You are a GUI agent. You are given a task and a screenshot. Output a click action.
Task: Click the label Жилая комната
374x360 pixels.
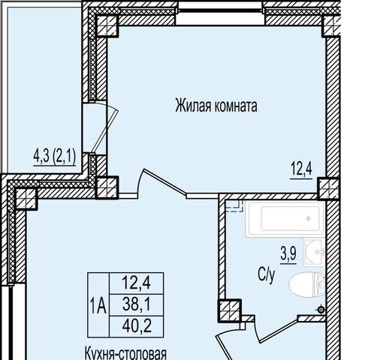216,106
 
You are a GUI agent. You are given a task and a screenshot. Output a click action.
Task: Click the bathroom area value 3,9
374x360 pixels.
288,253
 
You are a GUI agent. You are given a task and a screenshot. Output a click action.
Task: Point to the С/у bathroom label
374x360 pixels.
266,276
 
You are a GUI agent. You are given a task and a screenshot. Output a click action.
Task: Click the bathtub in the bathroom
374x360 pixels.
285,219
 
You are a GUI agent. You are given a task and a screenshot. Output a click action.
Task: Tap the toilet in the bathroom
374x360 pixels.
307,284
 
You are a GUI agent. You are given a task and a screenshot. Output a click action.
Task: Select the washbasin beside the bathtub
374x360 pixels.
314,252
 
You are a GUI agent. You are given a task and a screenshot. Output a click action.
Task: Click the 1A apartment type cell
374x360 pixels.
98,304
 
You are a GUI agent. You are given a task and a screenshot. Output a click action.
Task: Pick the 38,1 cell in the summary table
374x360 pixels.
137,305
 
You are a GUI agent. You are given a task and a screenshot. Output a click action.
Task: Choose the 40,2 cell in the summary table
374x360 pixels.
137,326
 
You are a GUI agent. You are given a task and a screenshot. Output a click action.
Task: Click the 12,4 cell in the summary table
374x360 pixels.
137,283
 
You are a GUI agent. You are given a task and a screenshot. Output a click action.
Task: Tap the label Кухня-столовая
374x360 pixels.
125,353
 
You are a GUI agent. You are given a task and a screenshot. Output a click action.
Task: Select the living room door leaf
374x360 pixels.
164,181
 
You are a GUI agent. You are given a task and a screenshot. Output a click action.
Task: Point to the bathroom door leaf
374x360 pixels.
279,331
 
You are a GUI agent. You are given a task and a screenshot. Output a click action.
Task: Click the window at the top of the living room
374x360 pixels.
220,13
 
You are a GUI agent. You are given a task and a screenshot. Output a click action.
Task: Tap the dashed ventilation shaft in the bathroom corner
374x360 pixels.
234,205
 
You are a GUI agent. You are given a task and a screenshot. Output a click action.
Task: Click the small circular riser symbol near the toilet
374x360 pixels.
321,310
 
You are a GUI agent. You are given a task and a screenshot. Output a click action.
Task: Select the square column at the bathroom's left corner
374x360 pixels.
229,310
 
